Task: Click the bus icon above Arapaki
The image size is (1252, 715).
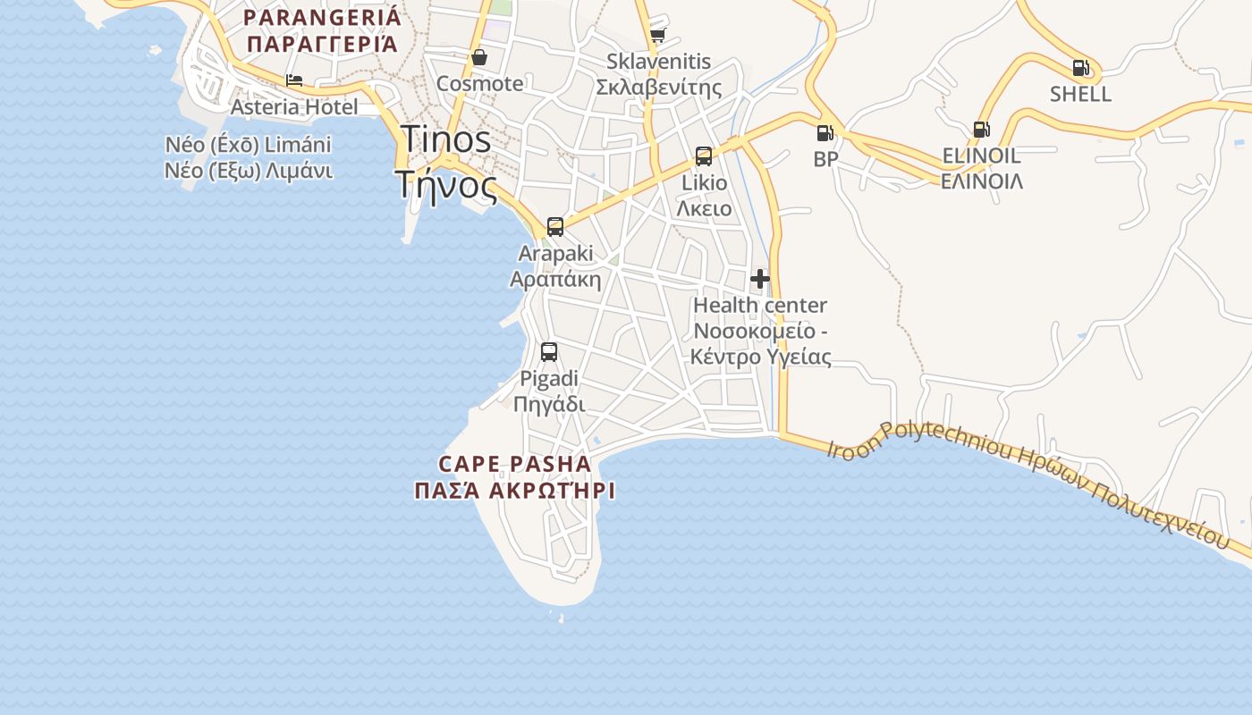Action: coord(555,226)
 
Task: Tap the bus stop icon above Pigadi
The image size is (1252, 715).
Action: coord(549,352)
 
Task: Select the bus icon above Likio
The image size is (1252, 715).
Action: coord(704,156)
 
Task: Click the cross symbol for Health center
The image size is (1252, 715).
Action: coord(760,279)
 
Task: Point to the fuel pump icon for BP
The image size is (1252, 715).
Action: coord(825,133)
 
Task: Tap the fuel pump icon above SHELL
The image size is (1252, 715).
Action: coord(1080,67)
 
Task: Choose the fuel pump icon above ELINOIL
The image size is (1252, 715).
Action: coord(981,129)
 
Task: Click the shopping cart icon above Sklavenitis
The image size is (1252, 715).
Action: coord(658,35)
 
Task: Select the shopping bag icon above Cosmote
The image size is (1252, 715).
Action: coord(479,57)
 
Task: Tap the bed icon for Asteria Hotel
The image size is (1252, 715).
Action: coord(294,80)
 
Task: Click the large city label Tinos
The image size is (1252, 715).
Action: coord(445,139)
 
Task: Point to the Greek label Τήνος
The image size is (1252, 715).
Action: coord(445,185)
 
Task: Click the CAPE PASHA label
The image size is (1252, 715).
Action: coord(515,464)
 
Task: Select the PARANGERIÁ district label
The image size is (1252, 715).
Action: coord(323,17)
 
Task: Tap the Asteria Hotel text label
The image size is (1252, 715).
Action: coord(294,107)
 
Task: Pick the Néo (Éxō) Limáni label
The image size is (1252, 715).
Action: coord(248,145)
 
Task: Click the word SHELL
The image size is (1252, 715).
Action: coord(1080,94)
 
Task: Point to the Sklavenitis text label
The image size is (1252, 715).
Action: coord(658,62)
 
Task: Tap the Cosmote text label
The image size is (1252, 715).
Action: coord(479,84)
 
